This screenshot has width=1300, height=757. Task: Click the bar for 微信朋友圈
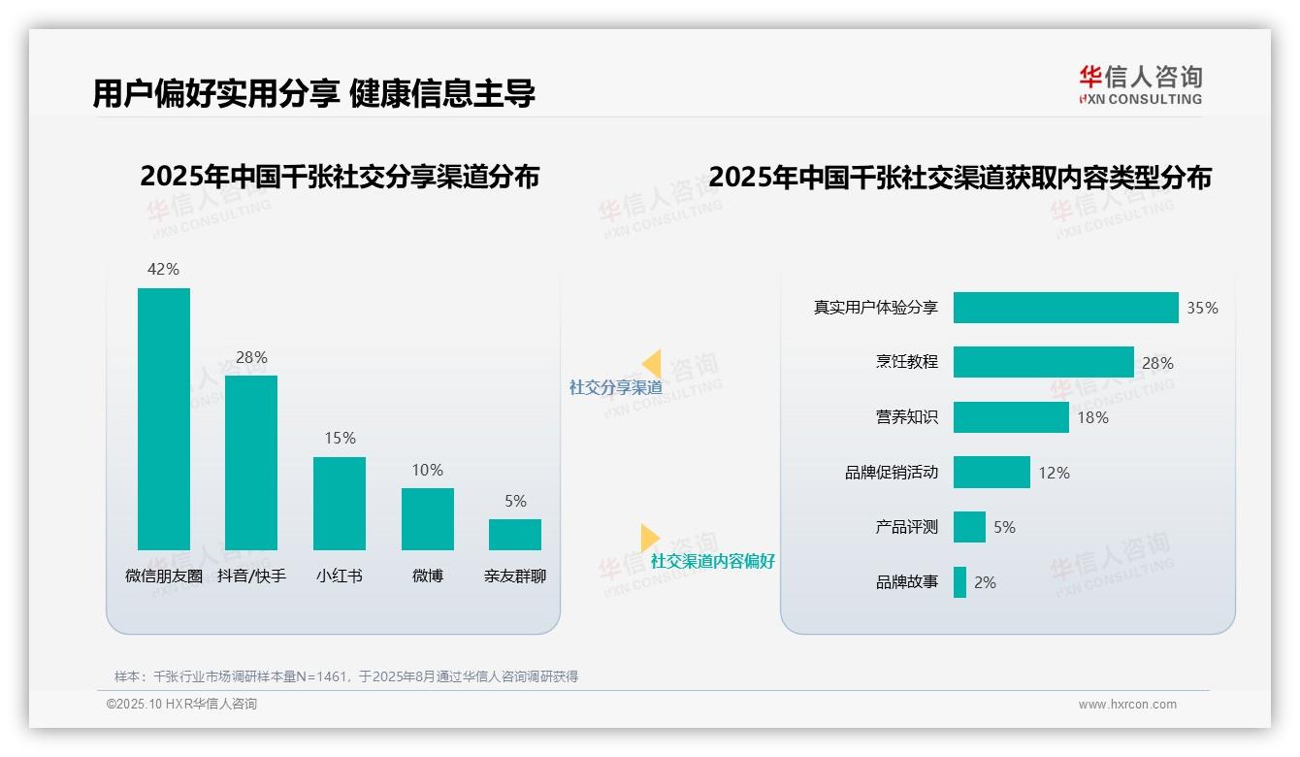[x=164, y=418]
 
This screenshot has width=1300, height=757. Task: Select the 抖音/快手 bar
[x=251, y=462]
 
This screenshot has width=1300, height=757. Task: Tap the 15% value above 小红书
[x=340, y=439]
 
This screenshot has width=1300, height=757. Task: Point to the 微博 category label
[x=428, y=576]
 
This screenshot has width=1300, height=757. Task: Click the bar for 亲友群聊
[x=515, y=535]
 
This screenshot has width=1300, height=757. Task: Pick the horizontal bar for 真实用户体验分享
[x=1065, y=308]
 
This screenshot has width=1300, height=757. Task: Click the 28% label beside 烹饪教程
[x=1157, y=363]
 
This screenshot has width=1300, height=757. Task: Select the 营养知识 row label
[x=907, y=417]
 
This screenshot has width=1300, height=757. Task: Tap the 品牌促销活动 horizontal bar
[x=991, y=473]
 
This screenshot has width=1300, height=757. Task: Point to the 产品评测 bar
[x=969, y=527]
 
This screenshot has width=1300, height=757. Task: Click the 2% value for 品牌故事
[x=985, y=582]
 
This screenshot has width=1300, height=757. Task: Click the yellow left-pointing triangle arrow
[x=652, y=364]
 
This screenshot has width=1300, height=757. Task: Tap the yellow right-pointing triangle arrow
[x=649, y=538]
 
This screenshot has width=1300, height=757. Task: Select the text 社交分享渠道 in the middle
[x=615, y=387]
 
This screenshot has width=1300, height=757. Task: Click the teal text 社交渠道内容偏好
[x=712, y=561]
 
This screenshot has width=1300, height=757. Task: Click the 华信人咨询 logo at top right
[x=1140, y=84]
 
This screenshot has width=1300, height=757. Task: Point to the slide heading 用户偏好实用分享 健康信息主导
[x=313, y=93]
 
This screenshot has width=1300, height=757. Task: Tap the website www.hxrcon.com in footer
[x=1126, y=705]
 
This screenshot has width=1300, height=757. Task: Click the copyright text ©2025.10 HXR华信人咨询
[x=181, y=705]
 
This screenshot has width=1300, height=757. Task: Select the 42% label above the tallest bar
[x=164, y=269]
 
